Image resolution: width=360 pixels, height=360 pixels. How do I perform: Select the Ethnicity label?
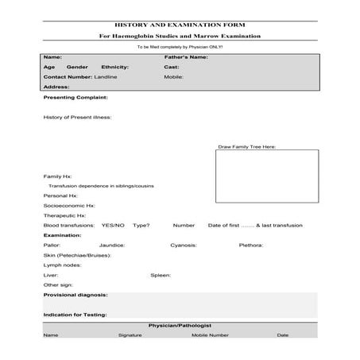[115, 68]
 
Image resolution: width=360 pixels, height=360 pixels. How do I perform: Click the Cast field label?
[171, 68]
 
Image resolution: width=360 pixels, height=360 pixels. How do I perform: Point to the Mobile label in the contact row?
[174, 77]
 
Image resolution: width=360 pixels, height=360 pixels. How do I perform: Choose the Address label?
[56, 87]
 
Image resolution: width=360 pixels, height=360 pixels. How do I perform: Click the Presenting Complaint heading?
[75, 98]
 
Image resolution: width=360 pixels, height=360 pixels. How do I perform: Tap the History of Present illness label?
[77, 117]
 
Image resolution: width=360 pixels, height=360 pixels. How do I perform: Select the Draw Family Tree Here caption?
[247, 147]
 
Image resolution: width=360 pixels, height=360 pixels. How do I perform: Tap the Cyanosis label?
[184, 246]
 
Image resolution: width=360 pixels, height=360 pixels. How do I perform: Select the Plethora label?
[251, 246]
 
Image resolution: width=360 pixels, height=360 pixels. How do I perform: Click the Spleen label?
[161, 275]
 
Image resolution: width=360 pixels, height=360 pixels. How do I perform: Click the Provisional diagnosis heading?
[75, 295]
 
